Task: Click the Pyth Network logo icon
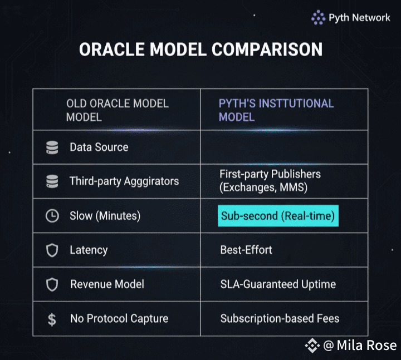(x=318, y=17)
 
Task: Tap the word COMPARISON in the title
(x=267, y=50)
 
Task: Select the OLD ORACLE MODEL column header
(x=118, y=110)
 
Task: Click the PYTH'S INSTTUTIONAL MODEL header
(x=276, y=110)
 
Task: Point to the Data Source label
(x=99, y=147)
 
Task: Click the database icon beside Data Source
(x=52, y=147)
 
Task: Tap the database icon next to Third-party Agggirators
(x=52, y=181)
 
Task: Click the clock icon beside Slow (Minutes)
(x=52, y=216)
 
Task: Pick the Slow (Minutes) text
(x=105, y=216)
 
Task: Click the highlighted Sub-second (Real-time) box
(x=278, y=216)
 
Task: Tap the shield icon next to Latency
(x=52, y=250)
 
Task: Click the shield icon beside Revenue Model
(x=52, y=285)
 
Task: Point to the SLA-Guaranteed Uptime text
(x=278, y=284)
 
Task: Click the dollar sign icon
(x=52, y=319)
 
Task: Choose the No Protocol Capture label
(x=119, y=319)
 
